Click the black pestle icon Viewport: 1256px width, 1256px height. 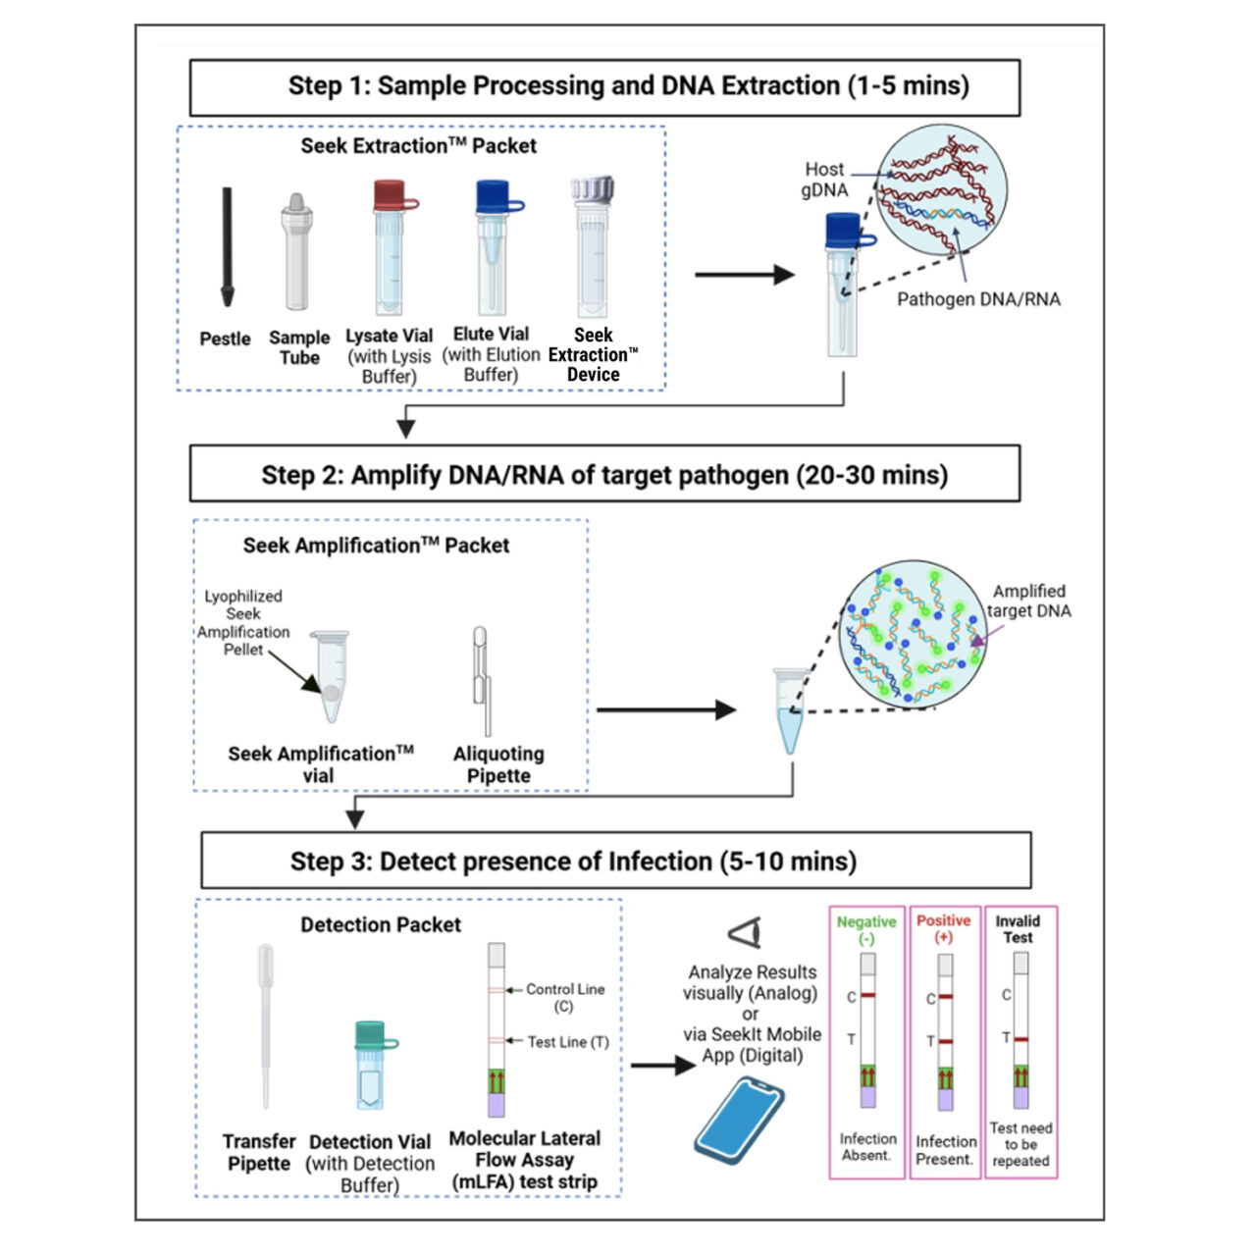click(x=227, y=246)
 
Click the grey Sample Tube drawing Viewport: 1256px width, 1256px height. click(x=297, y=252)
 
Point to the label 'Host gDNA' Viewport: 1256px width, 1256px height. click(x=824, y=180)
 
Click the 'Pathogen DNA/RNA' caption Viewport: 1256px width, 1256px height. click(x=978, y=299)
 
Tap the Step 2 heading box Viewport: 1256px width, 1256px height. click(x=604, y=475)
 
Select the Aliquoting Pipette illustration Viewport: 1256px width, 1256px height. click(x=482, y=681)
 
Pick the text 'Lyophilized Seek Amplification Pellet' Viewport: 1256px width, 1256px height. click(x=243, y=622)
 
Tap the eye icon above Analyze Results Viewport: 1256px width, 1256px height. click(x=745, y=932)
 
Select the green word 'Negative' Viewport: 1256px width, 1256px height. click(x=866, y=922)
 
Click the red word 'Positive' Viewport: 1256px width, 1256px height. click(x=943, y=920)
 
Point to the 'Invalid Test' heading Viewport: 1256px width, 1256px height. click(x=1018, y=928)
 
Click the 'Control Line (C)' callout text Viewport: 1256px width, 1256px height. click(x=564, y=997)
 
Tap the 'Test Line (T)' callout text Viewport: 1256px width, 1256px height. click(x=567, y=1042)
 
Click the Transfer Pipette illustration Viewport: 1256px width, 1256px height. click(x=265, y=1025)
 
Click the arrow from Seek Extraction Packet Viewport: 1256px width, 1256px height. click(x=743, y=275)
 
